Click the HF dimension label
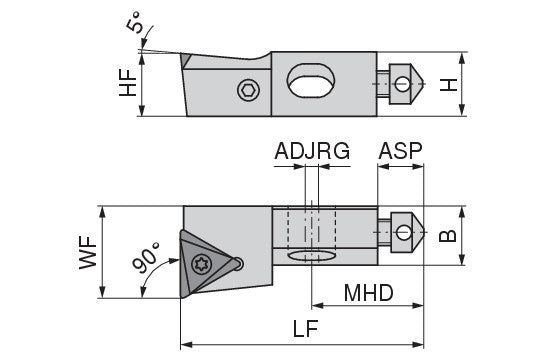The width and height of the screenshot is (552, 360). tap(127, 83)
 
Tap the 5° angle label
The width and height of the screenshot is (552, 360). tap(135, 22)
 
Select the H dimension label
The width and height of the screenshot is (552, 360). tap(448, 85)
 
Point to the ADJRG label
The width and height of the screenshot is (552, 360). tap(312, 151)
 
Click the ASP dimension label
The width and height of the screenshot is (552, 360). tap(400, 151)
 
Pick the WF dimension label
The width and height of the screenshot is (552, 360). tap(88, 252)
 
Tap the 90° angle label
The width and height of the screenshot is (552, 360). tap(146, 258)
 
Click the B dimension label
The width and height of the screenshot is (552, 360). tap(448, 235)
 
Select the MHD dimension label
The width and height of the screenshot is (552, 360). tap(368, 293)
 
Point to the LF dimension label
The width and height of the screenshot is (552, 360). tap(306, 329)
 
